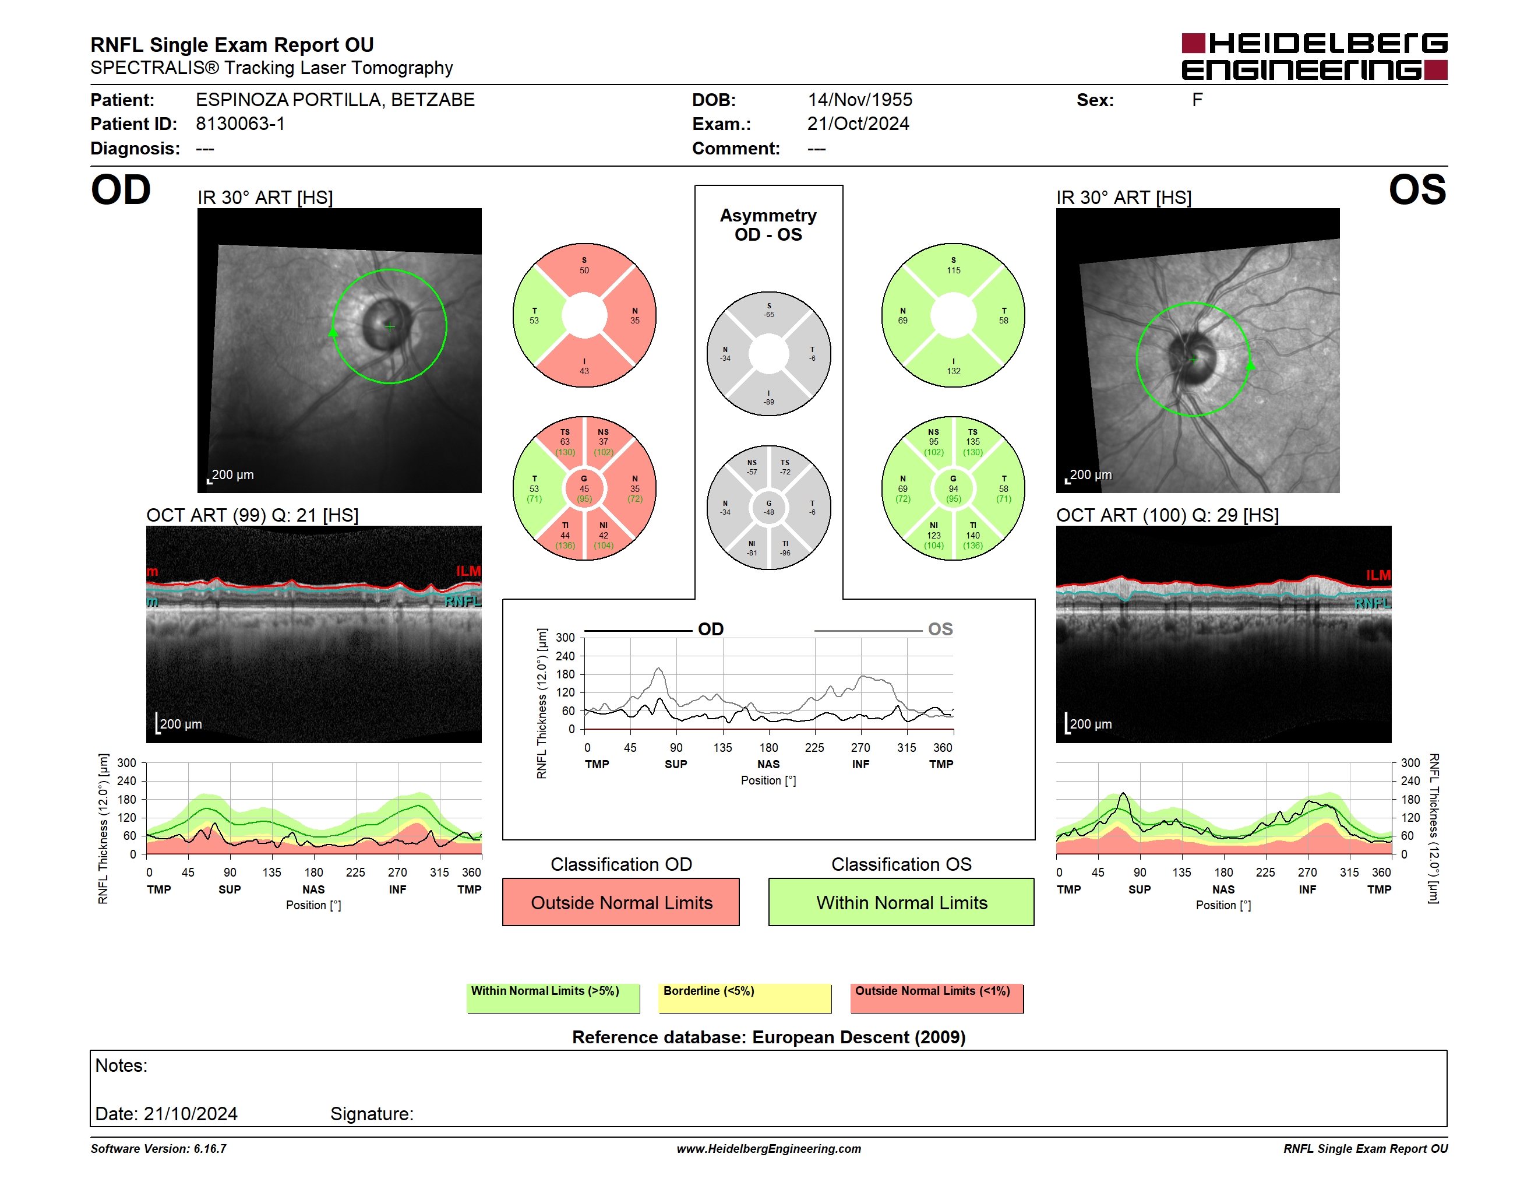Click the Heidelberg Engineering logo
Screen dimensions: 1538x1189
(1314, 57)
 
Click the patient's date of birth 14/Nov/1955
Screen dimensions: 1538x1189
(860, 100)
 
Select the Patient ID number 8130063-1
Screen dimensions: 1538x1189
(240, 124)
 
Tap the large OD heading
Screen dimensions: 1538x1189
(121, 190)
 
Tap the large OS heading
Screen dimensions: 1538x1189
(1417, 190)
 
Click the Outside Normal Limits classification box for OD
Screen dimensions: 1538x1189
(621, 902)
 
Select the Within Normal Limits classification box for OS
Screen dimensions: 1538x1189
(901, 902)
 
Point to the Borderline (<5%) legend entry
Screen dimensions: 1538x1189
(745, 998)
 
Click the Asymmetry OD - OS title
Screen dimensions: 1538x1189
(768, 225)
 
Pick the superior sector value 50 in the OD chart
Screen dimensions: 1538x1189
(584, 270)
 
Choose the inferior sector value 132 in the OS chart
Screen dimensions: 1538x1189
(954, 371)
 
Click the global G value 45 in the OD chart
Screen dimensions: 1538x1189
(584, 489)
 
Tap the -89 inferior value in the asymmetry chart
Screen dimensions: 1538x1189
(769, 402)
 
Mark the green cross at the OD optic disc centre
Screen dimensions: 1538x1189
(390, 326)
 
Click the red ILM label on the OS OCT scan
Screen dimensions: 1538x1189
(1378, 575)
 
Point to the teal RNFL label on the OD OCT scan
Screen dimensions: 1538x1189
(463, 601)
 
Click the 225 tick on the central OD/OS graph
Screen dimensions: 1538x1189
(815, 747)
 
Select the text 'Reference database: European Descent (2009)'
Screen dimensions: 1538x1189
(769, 1037)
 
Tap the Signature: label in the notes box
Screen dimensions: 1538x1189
(372, 1114)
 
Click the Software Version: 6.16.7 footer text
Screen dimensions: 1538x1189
(158, 1149)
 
